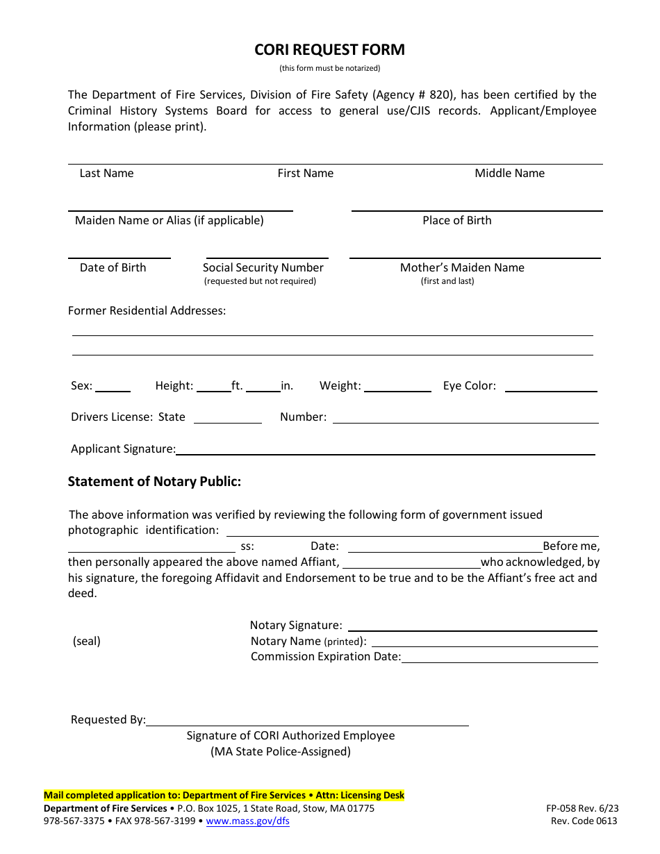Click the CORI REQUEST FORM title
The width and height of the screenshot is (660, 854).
(x=329, y=50)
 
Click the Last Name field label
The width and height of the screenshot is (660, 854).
(x=106, y=174)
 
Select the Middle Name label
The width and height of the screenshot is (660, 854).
(x=509, y=174)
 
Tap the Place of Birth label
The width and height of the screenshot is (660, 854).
(x=456, y=221)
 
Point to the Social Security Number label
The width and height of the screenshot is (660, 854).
(x=263, y=268)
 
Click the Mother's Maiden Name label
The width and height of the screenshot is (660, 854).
(x=462, y=268)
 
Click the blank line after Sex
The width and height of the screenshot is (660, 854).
(x=113, y=387)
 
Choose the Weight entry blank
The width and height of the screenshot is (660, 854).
(x=397, y=387)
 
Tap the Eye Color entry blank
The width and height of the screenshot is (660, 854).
(x=551, y=387)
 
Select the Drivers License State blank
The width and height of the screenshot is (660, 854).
(x=228, y=419)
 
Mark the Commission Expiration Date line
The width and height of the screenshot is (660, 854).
(x=500, y=658)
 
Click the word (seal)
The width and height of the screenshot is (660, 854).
(x=87, y=642)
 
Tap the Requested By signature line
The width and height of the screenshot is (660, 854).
(x=307, y=721)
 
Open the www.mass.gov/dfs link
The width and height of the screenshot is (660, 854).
(x=248, y=821)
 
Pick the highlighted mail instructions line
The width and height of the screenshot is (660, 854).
(x=224, y=796)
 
